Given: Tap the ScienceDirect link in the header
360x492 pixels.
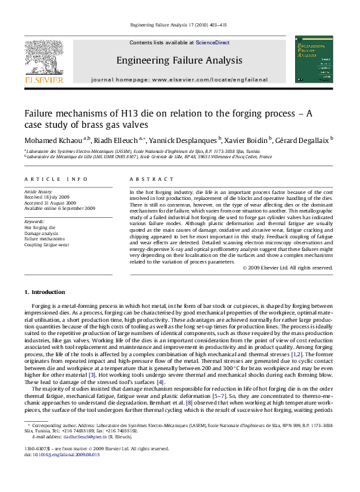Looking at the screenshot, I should pos(212,42).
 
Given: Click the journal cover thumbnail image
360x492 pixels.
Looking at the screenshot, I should pos(314,59).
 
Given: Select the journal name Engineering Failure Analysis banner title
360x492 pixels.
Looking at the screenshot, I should pos(179,60).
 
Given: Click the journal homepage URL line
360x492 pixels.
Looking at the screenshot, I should pos(179,79).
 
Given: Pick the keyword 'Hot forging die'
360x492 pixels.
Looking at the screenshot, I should pos(40,227).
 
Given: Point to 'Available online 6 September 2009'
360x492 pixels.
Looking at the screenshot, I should pos(60,209).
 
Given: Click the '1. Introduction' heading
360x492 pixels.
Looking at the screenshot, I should pos(44,292).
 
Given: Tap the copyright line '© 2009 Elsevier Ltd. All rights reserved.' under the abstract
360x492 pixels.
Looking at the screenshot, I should pos(287,268).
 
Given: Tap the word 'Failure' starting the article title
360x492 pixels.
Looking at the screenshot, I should pos(42,113).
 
